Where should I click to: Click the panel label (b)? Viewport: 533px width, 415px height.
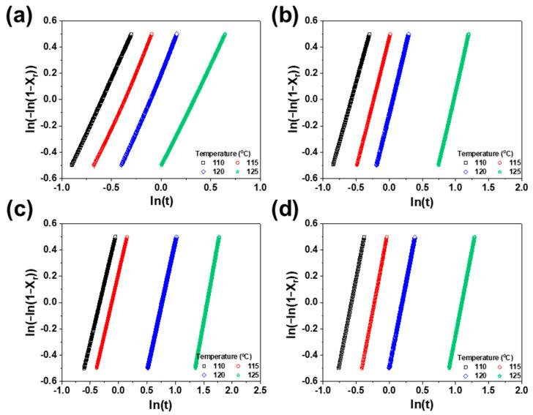pyautogui.click(x=282, y=15)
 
